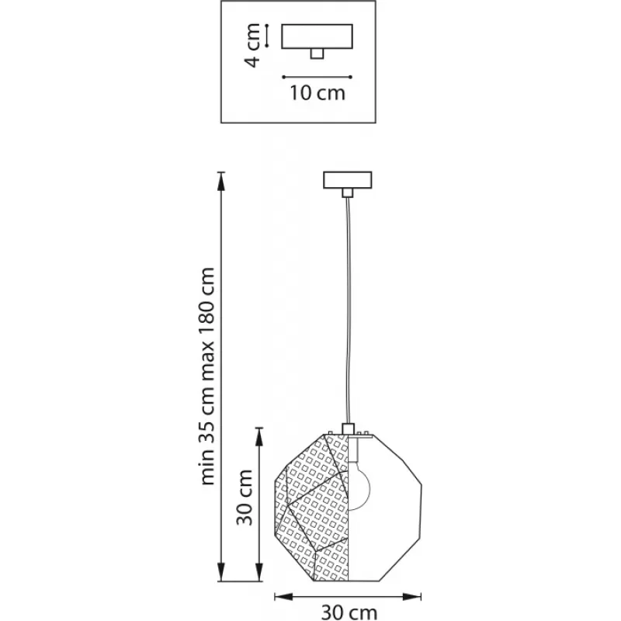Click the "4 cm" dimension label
[253, 45]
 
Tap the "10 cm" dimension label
[317, 93]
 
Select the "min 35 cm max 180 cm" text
[208, 376]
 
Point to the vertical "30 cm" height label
[245, 497]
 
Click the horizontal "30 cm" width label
[349, 612]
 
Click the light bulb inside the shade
[359, 487]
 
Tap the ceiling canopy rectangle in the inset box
[317, 36]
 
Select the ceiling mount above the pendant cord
[347, 180]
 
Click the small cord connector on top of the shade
[348, 428]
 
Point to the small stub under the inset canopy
[317, 54]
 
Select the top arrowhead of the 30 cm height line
[259, 436]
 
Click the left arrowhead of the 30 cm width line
[283, 596]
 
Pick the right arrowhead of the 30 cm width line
[411, 596]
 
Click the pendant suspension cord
[348, 310]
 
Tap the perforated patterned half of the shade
[313, 507]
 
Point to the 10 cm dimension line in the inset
[317, 77]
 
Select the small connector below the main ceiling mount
[347, 193]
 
